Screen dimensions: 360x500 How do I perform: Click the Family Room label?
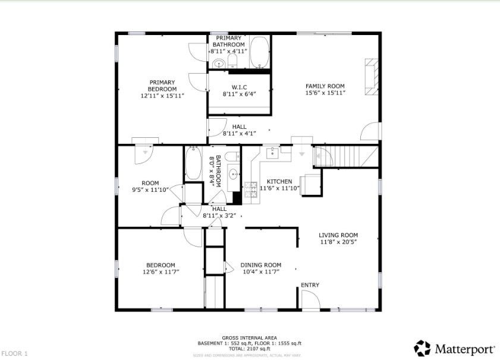tap(325, 86)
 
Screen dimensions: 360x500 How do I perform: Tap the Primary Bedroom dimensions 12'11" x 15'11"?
tap(162, 96)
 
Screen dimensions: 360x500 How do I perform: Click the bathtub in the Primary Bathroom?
tap(259, 53)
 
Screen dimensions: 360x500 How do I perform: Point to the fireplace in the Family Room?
tap(371, 77)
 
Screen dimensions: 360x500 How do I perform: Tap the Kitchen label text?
tap(279, 181)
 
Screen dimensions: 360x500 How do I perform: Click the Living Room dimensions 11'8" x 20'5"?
tap(338, 242)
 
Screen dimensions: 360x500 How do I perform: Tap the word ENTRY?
tap(310, 285)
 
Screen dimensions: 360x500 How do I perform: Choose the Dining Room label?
tap(260, 265)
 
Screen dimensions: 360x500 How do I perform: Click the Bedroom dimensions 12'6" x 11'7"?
tap(161, 272)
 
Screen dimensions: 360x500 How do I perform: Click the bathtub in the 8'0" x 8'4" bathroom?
tap(193, 164)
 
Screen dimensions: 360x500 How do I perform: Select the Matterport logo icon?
tap(422, 348)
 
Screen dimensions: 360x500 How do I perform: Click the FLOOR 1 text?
tap(15, 353)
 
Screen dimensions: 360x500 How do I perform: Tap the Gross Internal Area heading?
tap(249, 338)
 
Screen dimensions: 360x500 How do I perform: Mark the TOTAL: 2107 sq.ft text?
tap(249, 349)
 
